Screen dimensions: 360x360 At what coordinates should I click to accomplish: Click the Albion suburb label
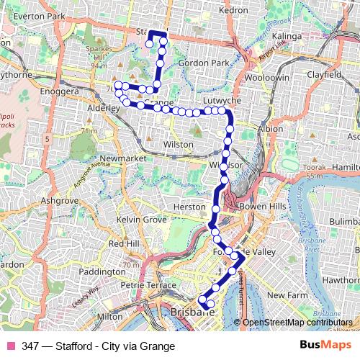pyautogui.click(x=271, y=128)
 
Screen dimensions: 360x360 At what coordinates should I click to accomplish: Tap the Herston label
pyautogui.click(x=190, y=207)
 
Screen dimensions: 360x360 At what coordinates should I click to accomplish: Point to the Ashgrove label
pyautogui.click(x=59, y=200)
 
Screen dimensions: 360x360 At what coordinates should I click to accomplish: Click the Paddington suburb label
pyautogui.click(x=102, y=272)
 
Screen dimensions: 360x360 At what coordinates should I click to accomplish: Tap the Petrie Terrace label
pyautogui.click(x=148, y=285)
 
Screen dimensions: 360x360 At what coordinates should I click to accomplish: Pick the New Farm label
pyautogui.click(x=287, y=295)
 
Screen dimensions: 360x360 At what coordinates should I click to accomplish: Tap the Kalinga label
pyautogui.click(x=287, y=35)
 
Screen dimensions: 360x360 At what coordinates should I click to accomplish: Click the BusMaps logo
pyautogui.click(x=320, y=345)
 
